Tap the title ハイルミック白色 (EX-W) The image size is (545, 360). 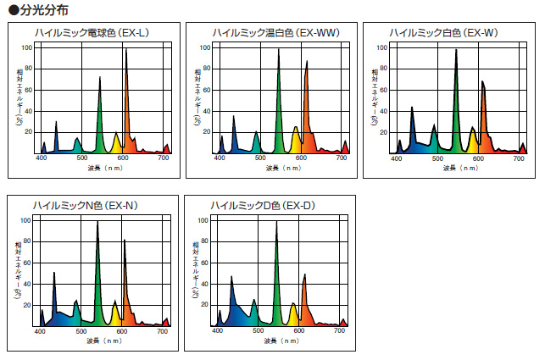[443, 32]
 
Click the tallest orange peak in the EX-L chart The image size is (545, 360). [126, 50]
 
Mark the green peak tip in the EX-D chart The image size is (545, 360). [276, 223]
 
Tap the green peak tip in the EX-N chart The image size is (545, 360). [97, 223]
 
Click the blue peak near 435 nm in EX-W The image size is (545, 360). [412, 108]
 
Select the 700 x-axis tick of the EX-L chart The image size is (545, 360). [163, 158]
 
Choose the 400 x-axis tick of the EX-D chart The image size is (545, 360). [217, 331]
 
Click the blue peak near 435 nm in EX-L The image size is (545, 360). [56, 123]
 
